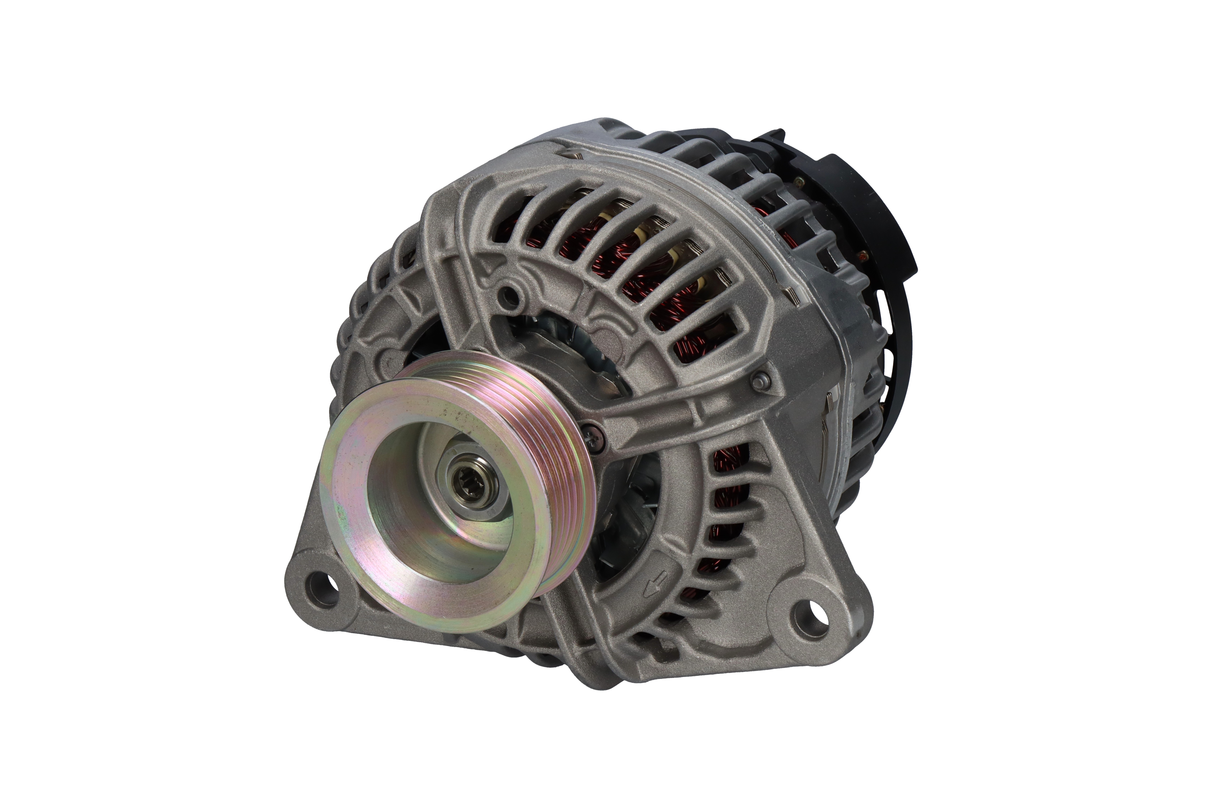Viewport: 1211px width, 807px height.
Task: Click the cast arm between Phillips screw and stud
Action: tap(669, 412)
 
